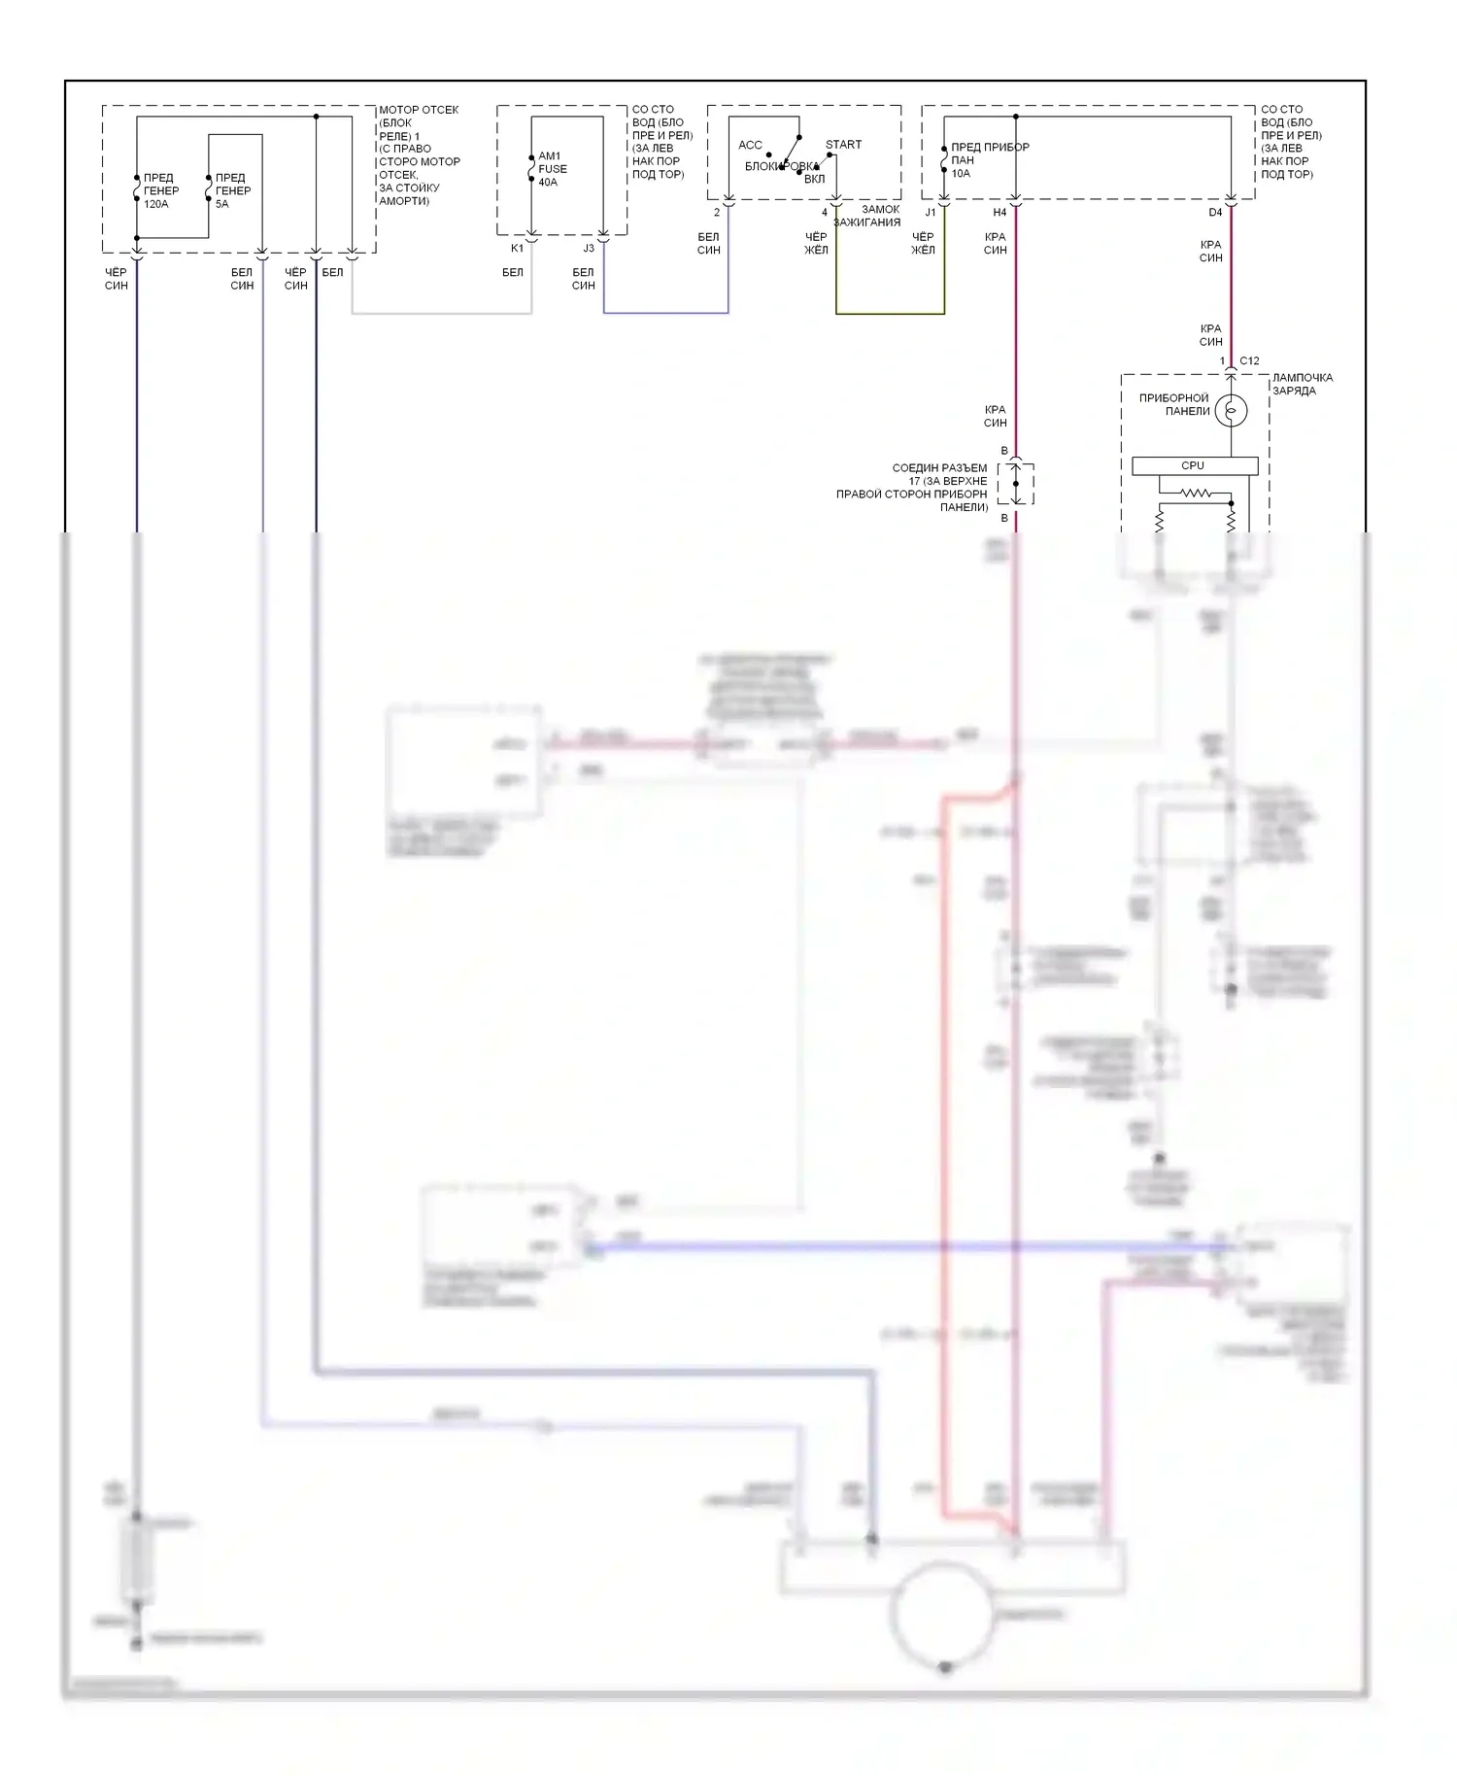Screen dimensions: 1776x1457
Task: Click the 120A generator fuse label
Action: pos(160,191)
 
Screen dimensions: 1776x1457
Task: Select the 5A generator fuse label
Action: pos(232,191)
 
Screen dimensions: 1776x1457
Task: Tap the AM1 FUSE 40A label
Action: pos(552,169)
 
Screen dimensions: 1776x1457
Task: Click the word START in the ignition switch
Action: pos(843,145)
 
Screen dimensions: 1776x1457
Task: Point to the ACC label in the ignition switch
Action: pos(750,146)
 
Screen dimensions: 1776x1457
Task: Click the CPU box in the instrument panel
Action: pos(1194,466)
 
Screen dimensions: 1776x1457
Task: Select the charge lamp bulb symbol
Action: pos(1231,411)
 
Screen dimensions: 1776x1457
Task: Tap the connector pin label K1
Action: pos(517,249)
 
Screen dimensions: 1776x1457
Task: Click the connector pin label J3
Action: pos(589,249)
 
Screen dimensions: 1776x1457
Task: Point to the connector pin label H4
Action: pos(1000,213)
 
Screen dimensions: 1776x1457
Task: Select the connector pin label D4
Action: pos(1215,213)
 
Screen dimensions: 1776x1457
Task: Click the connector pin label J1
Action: pos(930,213)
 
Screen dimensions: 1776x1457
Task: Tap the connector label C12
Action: pos(1249,361)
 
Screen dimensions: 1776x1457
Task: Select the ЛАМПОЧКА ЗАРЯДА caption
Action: pos(1302,384)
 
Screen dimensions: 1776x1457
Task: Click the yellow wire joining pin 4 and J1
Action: pos(890,314)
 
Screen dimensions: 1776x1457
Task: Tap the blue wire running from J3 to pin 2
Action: pos(665,313)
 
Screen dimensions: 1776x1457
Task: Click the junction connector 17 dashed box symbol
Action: pos(1015,484)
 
